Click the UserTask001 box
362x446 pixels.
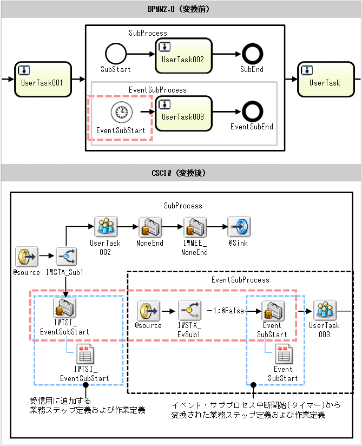[x=43, y=79]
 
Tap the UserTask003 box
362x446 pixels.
[x=182, y=113]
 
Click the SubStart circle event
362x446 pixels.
[x=115, y=54]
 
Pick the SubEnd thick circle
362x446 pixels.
[x=252, y=54]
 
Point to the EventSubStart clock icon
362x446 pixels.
[x=121, y=112]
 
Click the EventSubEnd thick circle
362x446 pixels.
[x=252, y=112]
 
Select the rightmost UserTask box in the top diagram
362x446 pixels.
[x=324, y=79]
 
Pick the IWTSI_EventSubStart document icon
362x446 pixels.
[x=84, y=354]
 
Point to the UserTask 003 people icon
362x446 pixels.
[x=325, y=310]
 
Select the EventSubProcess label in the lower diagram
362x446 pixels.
[x=240, y=280]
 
